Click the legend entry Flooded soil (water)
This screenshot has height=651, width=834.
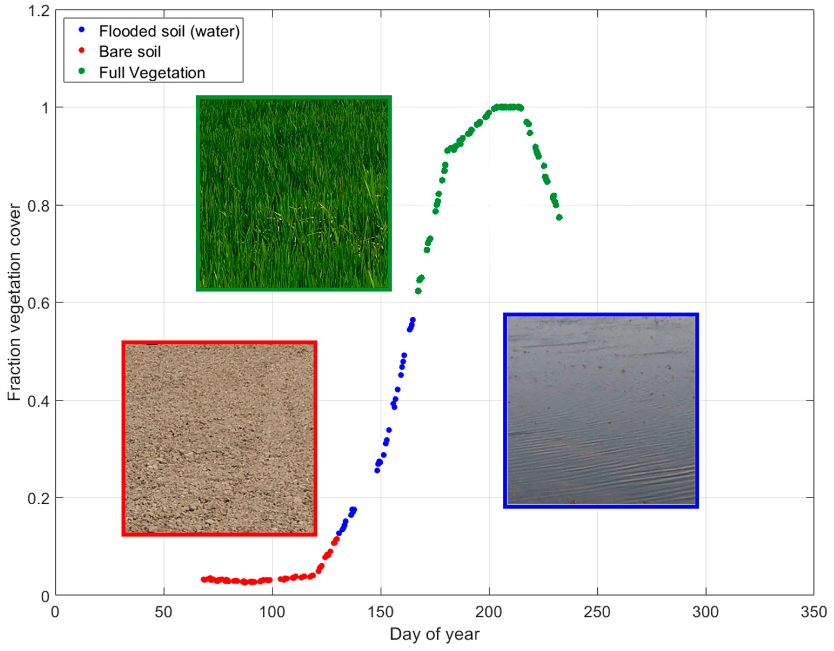[x=169, y=31]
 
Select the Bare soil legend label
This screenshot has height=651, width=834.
[x=130, y=52]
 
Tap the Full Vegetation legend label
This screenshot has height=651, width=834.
[x=152, y=73]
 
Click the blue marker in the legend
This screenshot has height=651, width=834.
[x=81, y=30]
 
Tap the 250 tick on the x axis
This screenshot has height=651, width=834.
[x=597, y=612]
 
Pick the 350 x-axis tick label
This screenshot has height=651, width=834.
[x=813, y=612]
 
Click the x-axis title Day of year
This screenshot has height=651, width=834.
[x=434, y=635]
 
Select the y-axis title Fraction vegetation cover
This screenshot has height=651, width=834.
[x=15, y=302]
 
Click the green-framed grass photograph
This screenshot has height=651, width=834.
[x=294, y=193]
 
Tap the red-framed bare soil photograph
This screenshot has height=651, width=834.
[x=219, y=439]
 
